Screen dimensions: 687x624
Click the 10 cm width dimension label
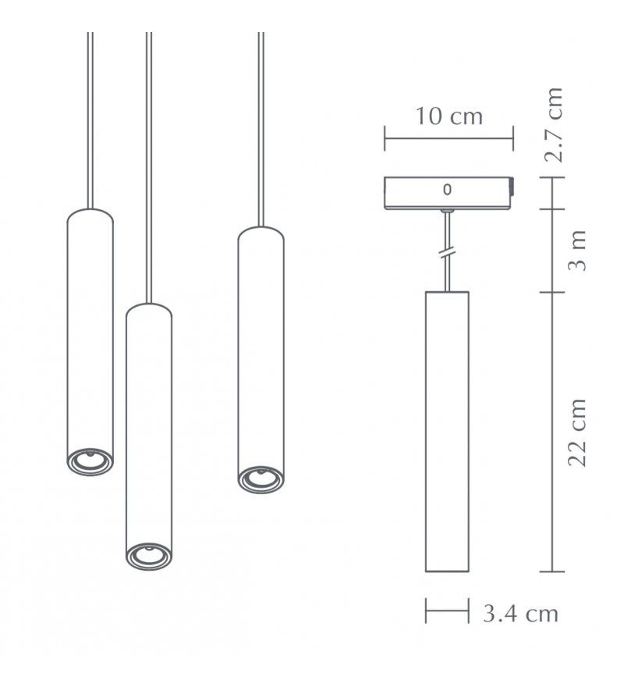point(448,117)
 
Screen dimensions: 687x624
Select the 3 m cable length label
point(576,251)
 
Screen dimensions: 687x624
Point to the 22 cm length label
point(576,432)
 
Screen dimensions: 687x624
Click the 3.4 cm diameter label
point(520,614)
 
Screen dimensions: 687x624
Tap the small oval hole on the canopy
point(447,189)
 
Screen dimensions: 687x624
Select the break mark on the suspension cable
point(447,253)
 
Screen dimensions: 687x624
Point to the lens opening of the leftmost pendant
point(90,461)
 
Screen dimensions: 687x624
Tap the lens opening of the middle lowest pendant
point(148,556)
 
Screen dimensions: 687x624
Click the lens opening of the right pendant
point(260,479)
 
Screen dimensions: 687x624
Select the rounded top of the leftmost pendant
point(90,215)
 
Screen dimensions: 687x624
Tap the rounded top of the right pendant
point(260,232)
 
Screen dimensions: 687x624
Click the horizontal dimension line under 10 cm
point(448,141)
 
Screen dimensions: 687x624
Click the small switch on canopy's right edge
point(512,187)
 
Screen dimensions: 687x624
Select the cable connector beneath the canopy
point(447,211)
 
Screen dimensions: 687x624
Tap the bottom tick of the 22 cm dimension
point(552,571)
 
